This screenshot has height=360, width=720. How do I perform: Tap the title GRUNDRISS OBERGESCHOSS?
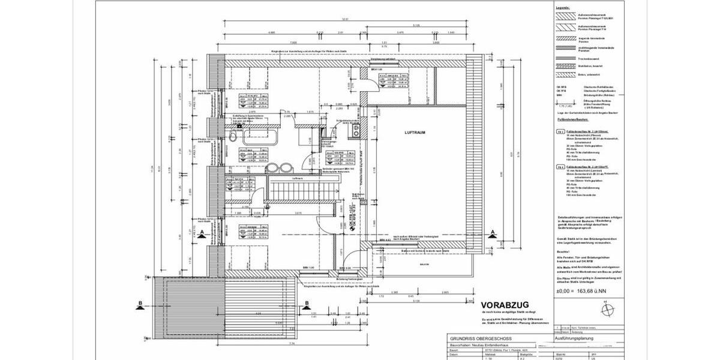tap(478, 339)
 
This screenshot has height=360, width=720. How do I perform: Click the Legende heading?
tap(562, 8)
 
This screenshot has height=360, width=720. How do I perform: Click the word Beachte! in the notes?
tap(563, 253)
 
